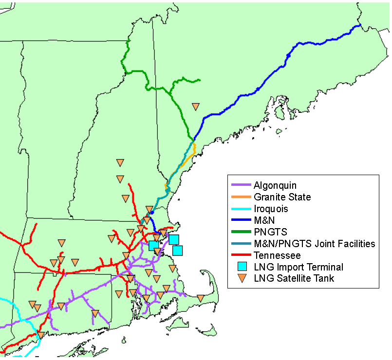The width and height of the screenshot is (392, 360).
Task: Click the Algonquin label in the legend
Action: click(275, 185)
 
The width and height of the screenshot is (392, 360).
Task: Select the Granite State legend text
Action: click(282, 197)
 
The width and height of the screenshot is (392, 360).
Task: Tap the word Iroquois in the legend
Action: click(271, 209)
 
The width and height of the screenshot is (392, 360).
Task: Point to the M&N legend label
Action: click(264, 220)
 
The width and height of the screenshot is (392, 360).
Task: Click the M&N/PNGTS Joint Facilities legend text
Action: click(314, 244)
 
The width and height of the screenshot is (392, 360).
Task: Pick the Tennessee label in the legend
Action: click(277, 255)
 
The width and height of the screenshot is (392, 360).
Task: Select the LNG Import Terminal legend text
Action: click(299, 267)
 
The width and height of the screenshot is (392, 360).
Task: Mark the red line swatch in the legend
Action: click(240, 255)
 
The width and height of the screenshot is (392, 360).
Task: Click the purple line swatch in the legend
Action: click(240, 185)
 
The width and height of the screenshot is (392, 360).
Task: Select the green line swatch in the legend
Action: click(240, 232)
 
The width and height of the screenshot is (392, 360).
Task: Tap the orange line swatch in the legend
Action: click(240, 197)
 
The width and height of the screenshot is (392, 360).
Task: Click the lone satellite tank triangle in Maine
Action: click(196, 106)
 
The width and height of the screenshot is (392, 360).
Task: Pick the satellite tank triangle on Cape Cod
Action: click(200, 298)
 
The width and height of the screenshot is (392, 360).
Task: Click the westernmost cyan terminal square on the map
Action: click(153, 245)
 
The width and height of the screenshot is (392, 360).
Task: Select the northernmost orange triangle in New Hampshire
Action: click(120, 162)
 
